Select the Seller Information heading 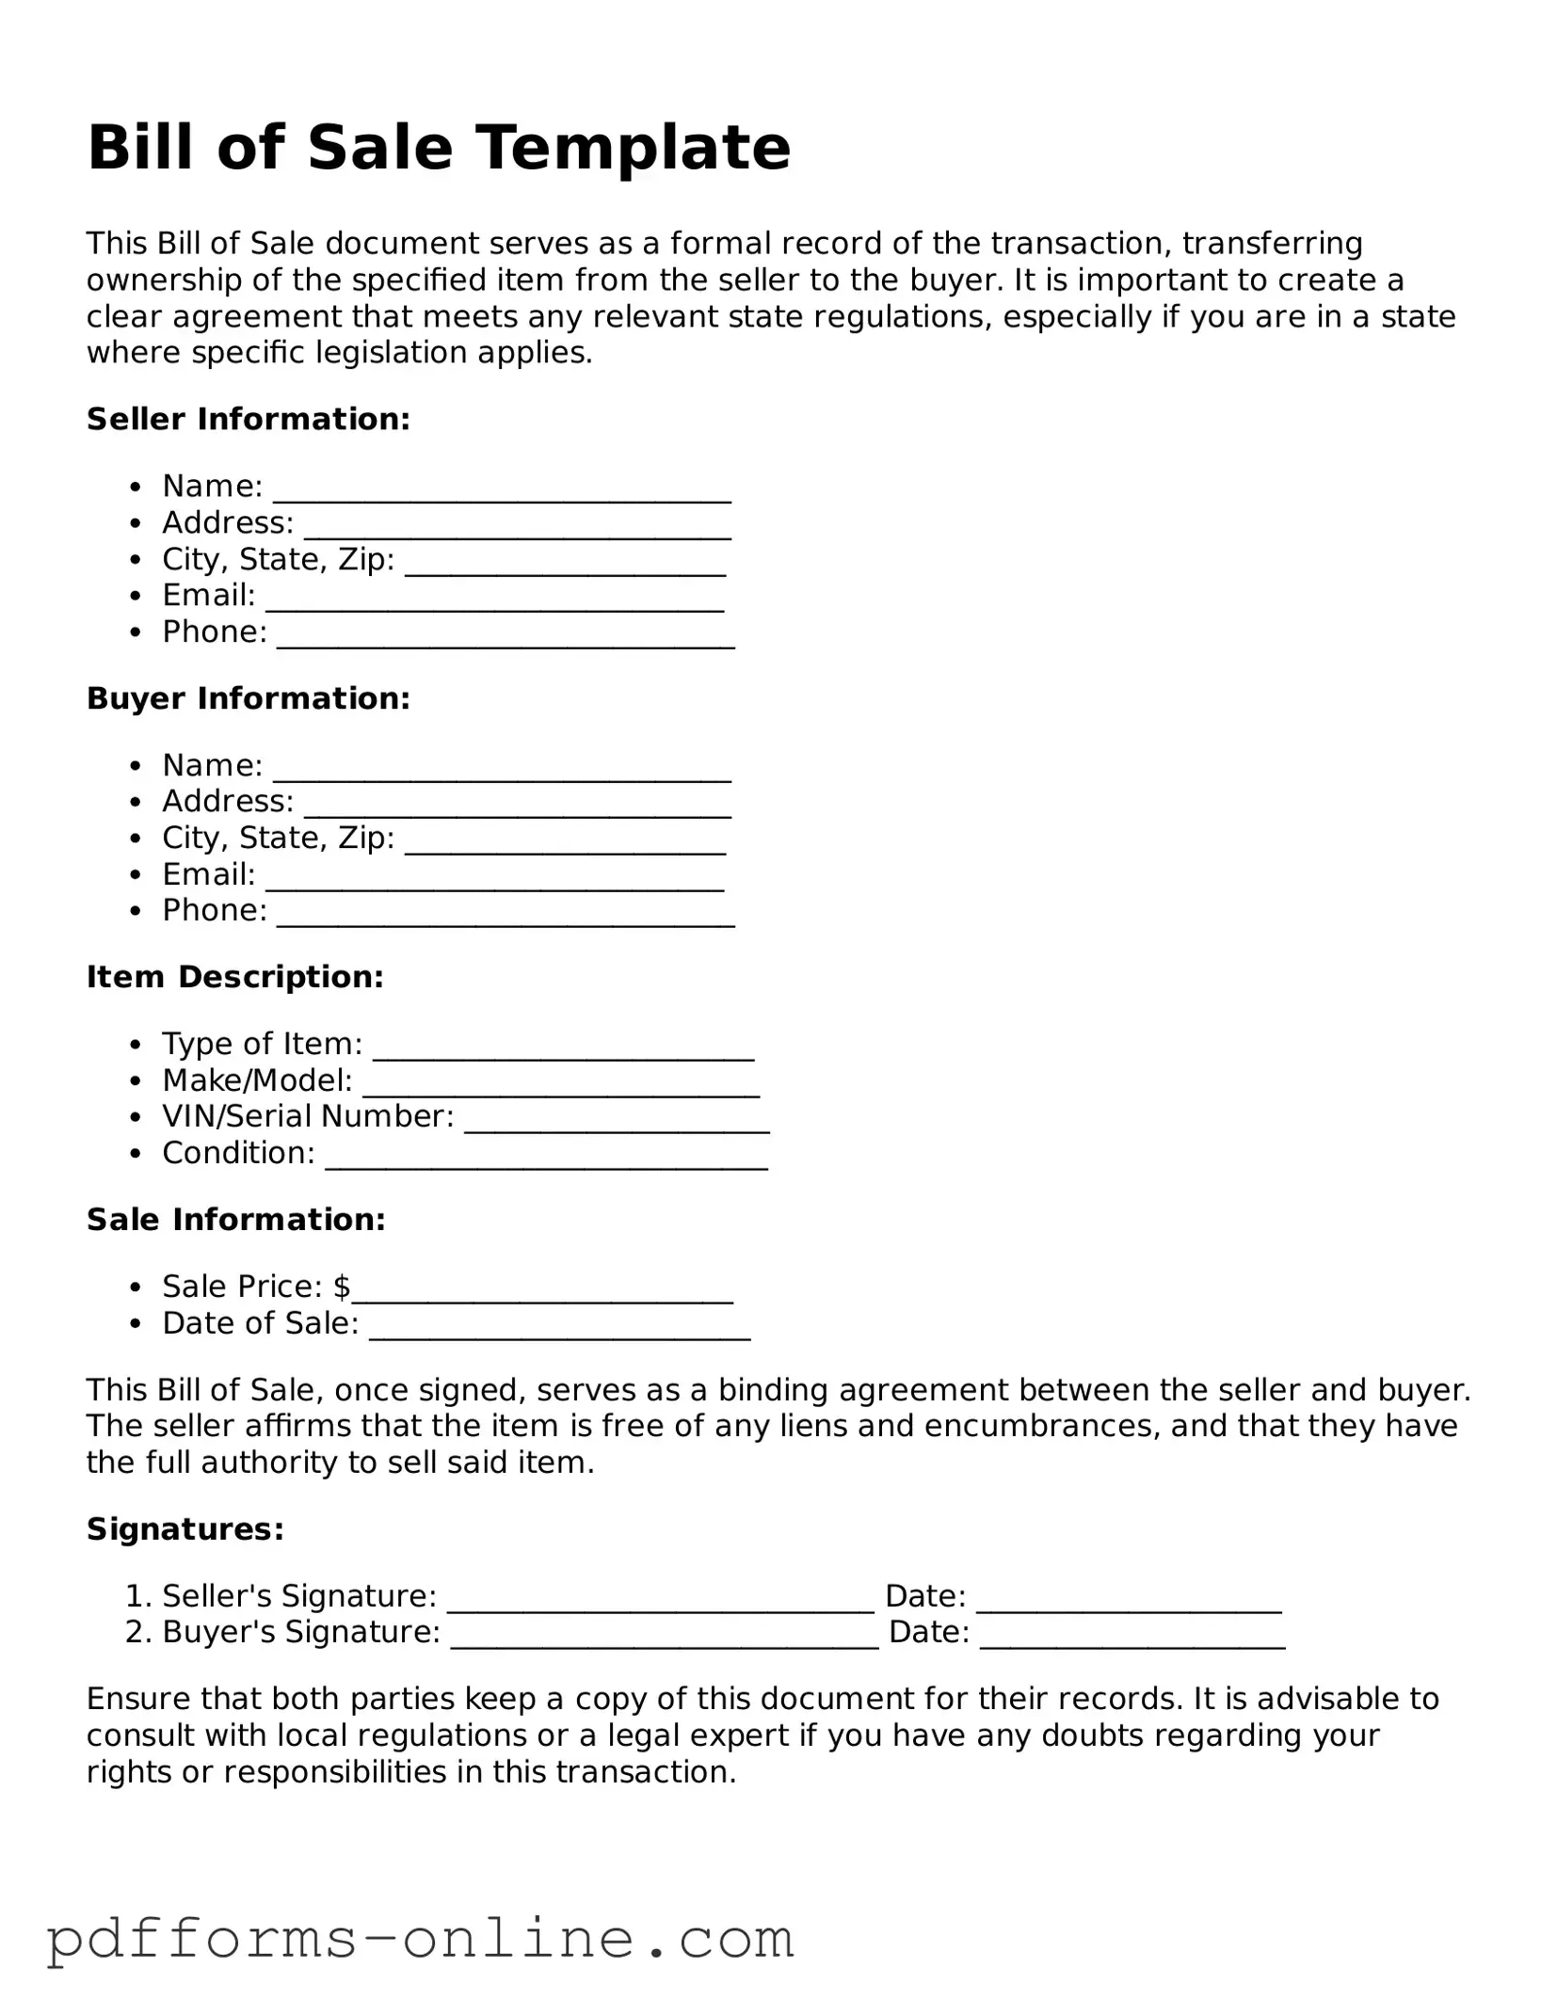(249, 419)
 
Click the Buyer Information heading (249, 698)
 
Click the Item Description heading (235, 977)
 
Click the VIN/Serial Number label (308, 1116)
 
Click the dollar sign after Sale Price (342, 1287)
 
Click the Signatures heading (185, 1529)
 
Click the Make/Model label (257, 1079)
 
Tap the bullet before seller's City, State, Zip (137, 560)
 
